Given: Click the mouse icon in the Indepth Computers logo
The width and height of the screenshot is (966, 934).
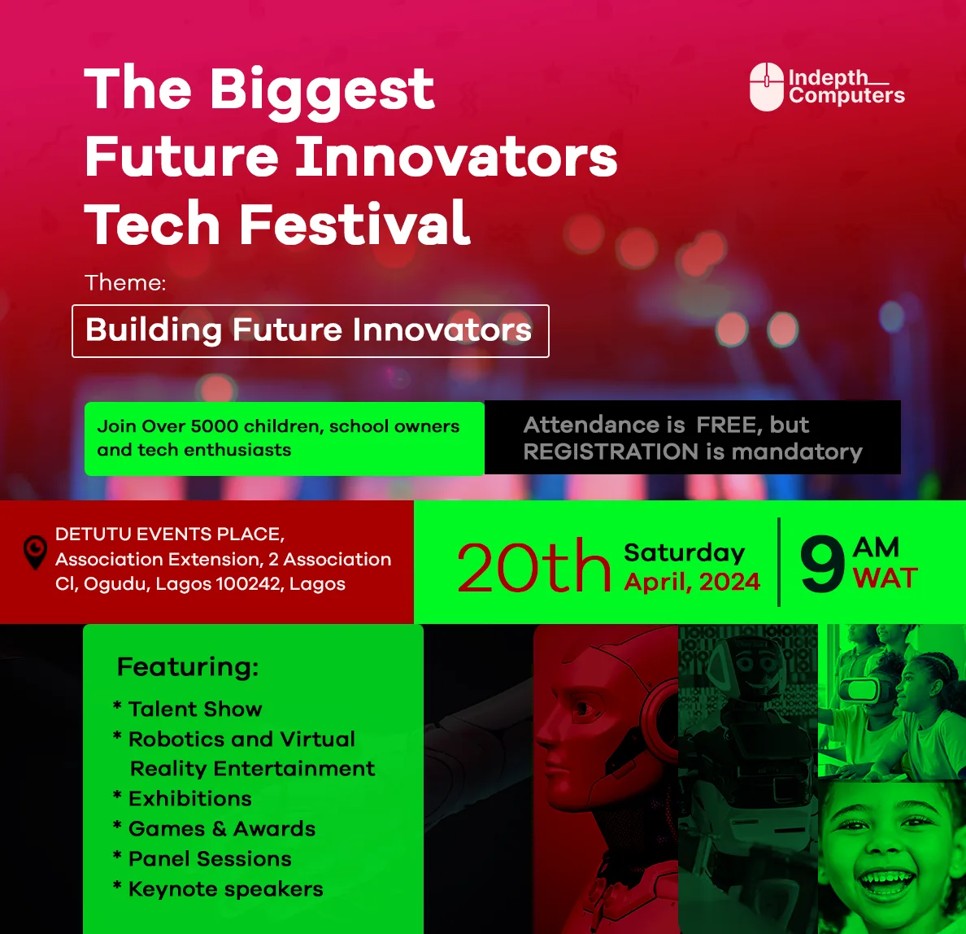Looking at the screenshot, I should pyautogui.click(x=766, y=86).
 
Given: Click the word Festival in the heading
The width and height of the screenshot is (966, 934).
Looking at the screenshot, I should pyautogui.click(x=355, y=224).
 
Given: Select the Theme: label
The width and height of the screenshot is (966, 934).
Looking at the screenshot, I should pyautogui.click(x=125, y=283).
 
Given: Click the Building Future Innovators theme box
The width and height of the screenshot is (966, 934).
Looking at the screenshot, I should pyautogui.click(x=310, y=330).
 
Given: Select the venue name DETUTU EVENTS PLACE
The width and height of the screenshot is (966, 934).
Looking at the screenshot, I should pyautogui.click(x=169, y=535).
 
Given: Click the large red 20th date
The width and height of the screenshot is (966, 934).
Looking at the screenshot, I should pyautogui.click(x=533, y=566).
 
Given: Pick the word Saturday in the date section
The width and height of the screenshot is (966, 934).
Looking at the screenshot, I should pyautogui.click(x=684, y=552).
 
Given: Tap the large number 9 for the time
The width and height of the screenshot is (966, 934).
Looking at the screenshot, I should pyautogui.click(x=822, y=565).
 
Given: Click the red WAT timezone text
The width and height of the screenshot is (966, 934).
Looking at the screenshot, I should pyautogui.click(x=885, y=578).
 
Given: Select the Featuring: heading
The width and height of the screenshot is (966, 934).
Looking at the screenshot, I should pyautogui.click(x=188, y=667).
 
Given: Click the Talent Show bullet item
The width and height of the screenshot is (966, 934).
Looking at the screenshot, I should pyautogui.click(x=195, y=709).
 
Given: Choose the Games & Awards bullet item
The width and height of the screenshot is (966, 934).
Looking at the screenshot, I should pyautogui.click(x=221, y=829).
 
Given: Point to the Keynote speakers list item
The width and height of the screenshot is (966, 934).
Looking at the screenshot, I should pyautogui.click(x=225, y=889).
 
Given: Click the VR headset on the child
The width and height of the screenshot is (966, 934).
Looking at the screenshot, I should pyautogui.click(x=861, y=690).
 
